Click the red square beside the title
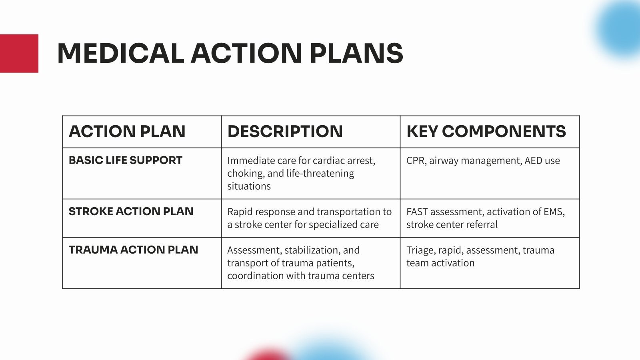click(x=19, y=54)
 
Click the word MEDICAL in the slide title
click(x=120, y=53)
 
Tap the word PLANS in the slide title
click(x=356, y=53)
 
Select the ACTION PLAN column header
click(x=127, y=132)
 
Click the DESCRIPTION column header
click(x=285, y=132)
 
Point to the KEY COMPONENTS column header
click(x=486, y=132)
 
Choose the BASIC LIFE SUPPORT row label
click(x=126, y=160)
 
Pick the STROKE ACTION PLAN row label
click(x=131, y=212)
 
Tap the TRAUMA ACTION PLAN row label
click(x=134, y=250)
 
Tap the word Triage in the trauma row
click(x=421, y=250)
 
